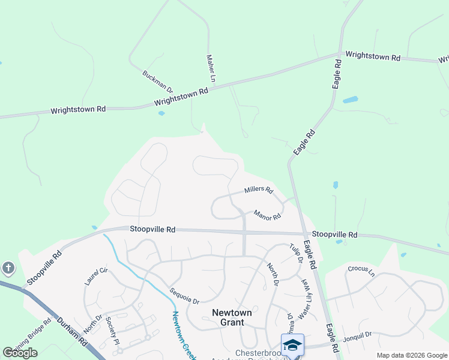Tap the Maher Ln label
(211, 68)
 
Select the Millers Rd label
(259, 191)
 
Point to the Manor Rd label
(267, 214)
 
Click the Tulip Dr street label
(295, 253)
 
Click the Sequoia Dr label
(184, 295)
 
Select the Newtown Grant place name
(229, 317)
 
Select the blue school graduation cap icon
(292, 345)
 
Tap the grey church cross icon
(8, 268)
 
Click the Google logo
(20, 353)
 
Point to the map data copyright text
(412, 355)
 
